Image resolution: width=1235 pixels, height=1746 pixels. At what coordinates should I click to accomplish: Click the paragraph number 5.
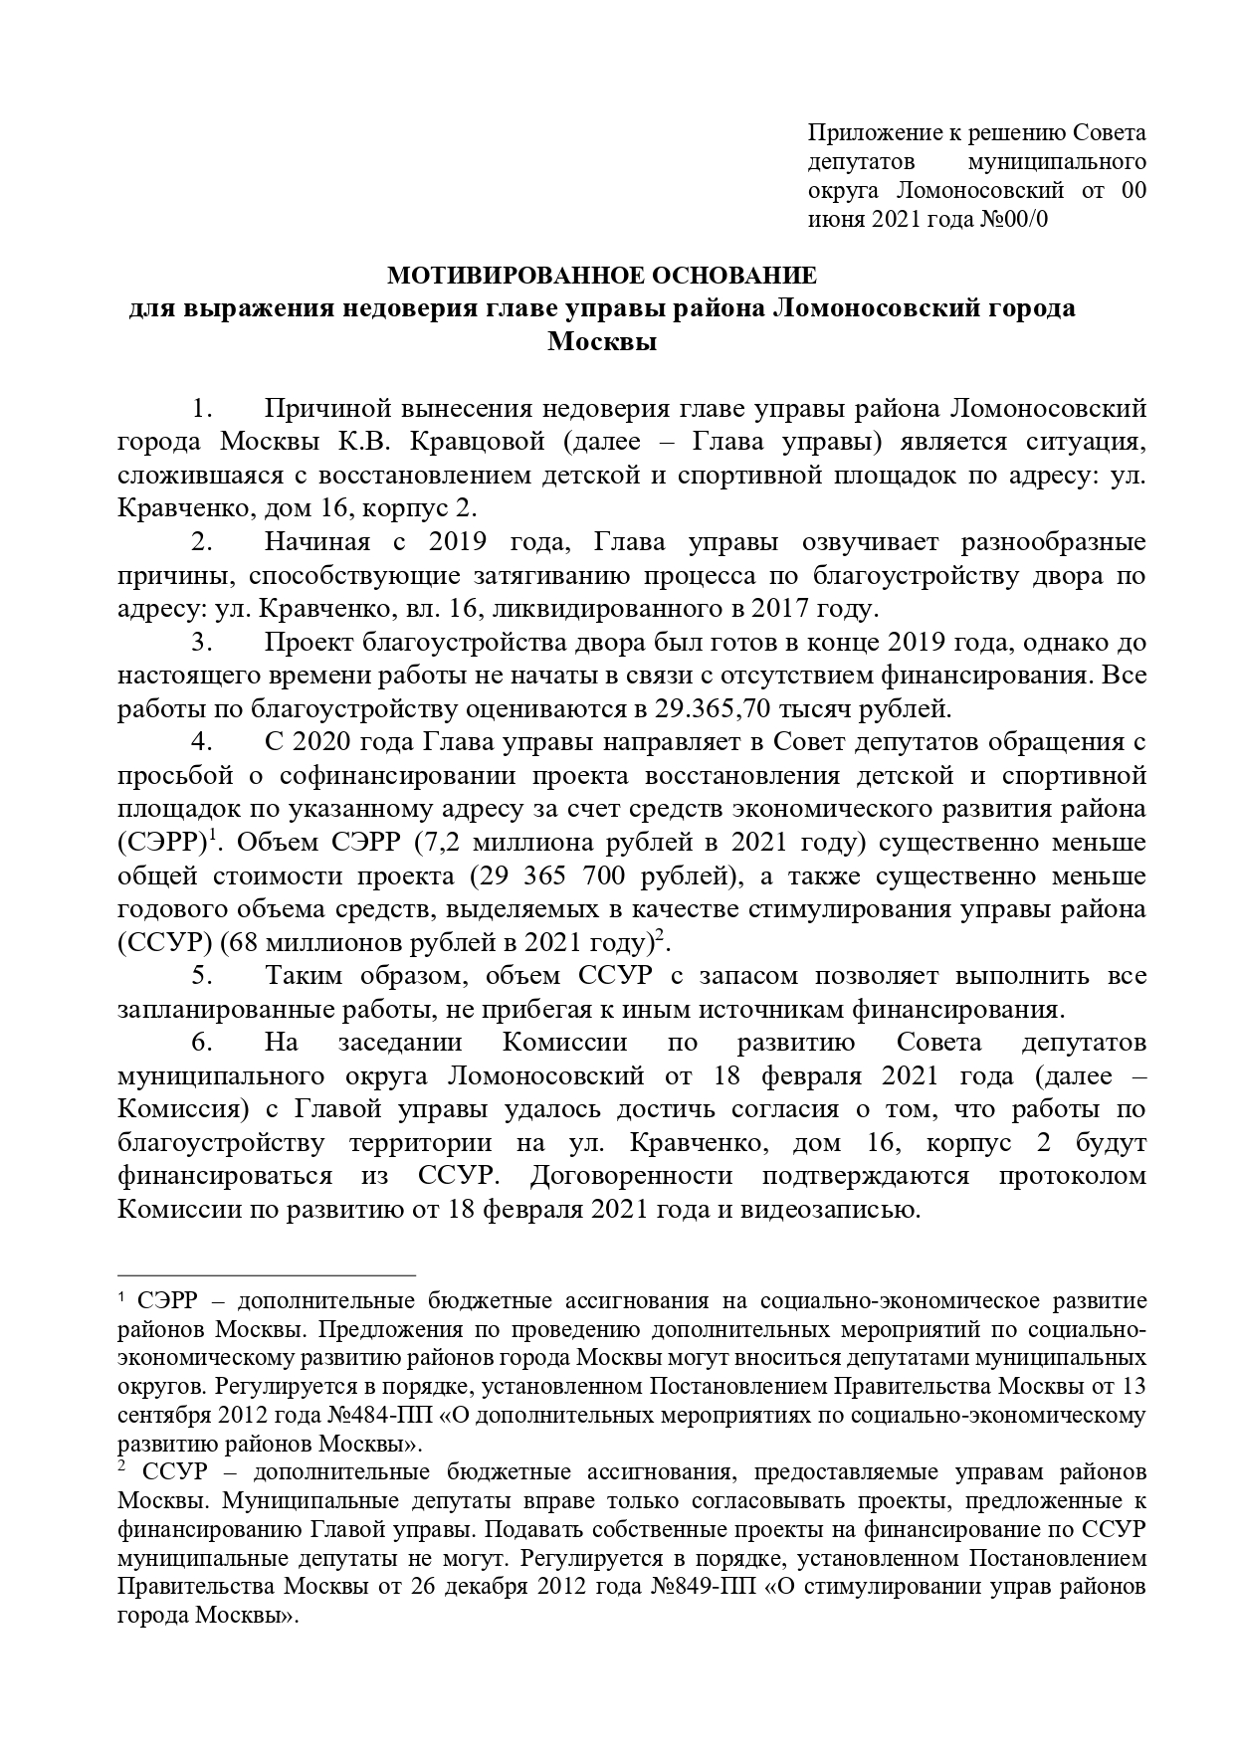pyautogui.click(x=203, y=976)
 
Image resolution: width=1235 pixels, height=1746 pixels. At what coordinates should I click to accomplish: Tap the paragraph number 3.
pyautogui.click(x=203, y=643)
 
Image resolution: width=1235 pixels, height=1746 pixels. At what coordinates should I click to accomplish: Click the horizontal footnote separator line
pyautogui.click(x=266, y=1273)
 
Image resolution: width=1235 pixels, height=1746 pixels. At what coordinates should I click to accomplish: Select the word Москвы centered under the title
pyautogui.click(x=602, y=342)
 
